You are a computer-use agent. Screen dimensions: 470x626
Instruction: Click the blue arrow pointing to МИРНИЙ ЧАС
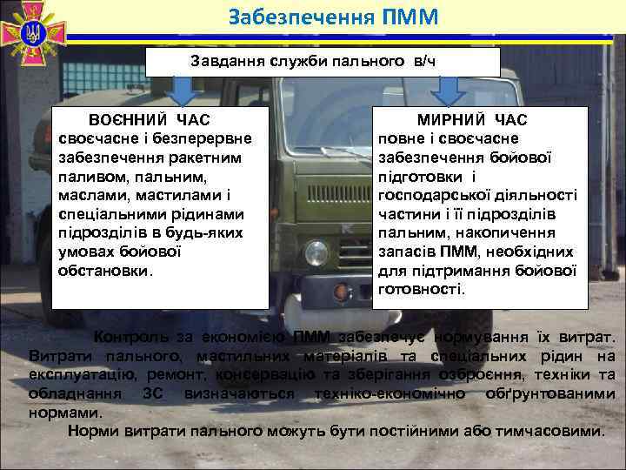click(450, 91)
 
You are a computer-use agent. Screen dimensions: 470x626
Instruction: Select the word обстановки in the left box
click(103, 271)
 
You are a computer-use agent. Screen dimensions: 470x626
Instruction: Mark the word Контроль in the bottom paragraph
click(130, 338)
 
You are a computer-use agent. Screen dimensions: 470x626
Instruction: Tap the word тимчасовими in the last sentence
click(548, 433)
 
